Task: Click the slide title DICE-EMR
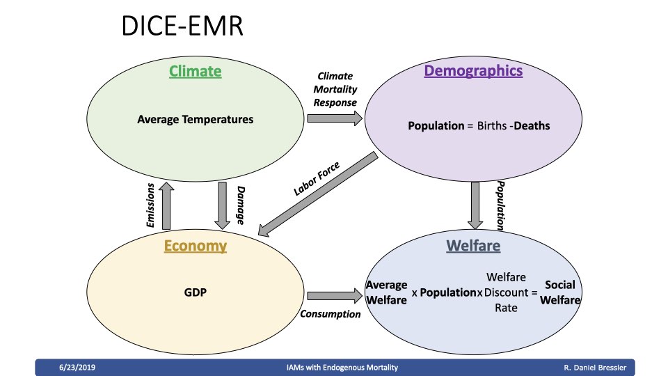coord(182,26)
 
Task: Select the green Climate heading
coord(195,71)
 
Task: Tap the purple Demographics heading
coord(473,71)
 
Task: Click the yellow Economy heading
coord(195,246)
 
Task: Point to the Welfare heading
coord(473,246)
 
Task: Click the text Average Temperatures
coord(195,119)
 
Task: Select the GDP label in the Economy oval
coord(195,292)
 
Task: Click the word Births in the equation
coord(492,126)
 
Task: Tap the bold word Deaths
coord(532,126)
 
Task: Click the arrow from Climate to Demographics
coord(335,118)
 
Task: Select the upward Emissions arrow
coord(166,206)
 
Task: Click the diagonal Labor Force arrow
coord(318,194)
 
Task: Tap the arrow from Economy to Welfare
coord(335,295)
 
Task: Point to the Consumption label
coord(330,314)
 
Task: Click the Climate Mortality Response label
coord(335,89)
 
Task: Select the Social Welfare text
coord(560,292)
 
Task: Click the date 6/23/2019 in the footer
coord(77,368)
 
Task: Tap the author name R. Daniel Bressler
coord(595,368)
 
